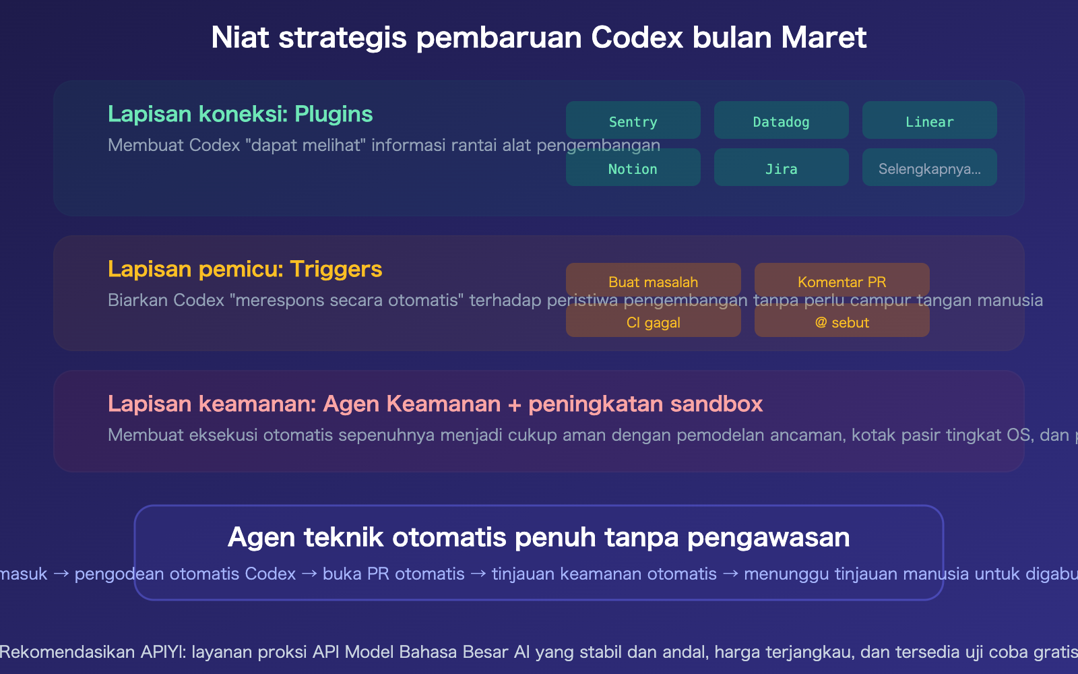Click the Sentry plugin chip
point(633,121)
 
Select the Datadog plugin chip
point(781,121)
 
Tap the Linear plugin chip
point(929,121)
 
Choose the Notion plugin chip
point(633,168)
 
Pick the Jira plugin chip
point(781,168)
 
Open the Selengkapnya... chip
point(929,168)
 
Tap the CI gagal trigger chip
point(653,321)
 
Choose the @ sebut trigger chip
point(842,321)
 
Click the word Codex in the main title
point(637,38)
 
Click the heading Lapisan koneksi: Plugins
point(240,114)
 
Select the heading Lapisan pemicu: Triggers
point(245,269)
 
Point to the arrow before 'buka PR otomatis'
point(309,574)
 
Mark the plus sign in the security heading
point(515,404)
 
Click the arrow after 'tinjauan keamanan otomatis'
point(730,574)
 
